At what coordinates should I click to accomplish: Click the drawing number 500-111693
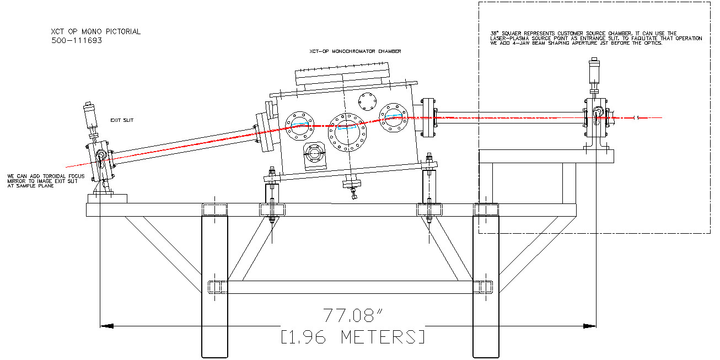tap(77, 41)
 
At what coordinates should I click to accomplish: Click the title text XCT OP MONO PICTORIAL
tap(95, 32)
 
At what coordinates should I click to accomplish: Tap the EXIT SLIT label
tap(122, 120)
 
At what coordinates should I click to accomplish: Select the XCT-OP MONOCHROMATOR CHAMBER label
tap(355, 51)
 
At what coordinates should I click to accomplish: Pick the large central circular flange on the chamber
tap(347, 131)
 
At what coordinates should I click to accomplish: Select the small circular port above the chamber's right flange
tap(366, 101)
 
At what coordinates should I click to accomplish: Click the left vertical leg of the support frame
tap(214, 281)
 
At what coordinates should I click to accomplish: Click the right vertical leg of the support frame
tap(486, 281)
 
